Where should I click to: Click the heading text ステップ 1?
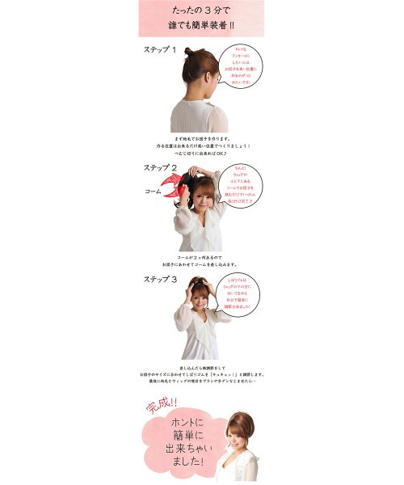[160, 50]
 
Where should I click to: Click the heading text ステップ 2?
[160, 167]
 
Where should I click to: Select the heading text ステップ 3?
[160, 279]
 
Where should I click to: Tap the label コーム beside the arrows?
[153, 192]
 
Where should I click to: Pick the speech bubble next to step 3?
[242, 295]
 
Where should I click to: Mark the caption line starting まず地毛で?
[202, 138]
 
